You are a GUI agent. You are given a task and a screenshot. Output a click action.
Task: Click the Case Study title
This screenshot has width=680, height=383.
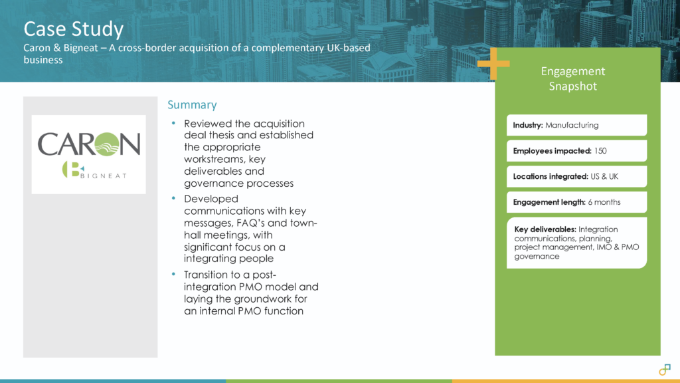coord(73,29)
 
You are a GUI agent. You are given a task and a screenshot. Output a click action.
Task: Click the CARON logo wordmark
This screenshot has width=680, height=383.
coord(89,143)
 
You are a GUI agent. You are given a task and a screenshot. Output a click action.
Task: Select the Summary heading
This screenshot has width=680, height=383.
coord(192,105)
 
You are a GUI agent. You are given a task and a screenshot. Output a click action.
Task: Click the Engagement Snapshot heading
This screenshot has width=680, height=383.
coord(573,78)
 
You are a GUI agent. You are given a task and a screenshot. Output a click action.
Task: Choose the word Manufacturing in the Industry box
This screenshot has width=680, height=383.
coord(572,125)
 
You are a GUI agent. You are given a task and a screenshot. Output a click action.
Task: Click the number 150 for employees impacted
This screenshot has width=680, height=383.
coord(600,151)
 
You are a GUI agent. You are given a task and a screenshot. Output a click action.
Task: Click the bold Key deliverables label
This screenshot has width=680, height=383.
coord(545,229)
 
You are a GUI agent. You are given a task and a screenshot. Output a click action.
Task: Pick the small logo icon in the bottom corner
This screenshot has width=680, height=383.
coord(665,370)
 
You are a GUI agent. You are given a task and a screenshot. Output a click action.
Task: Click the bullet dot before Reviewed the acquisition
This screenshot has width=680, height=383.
coord(173,124)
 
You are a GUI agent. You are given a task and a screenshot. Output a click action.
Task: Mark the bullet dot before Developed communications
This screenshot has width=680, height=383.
coord(173,199)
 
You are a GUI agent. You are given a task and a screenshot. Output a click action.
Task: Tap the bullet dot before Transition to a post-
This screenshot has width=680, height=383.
coord(173,275)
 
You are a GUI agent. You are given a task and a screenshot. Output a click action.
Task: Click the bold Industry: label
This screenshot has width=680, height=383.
coord(528,125)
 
